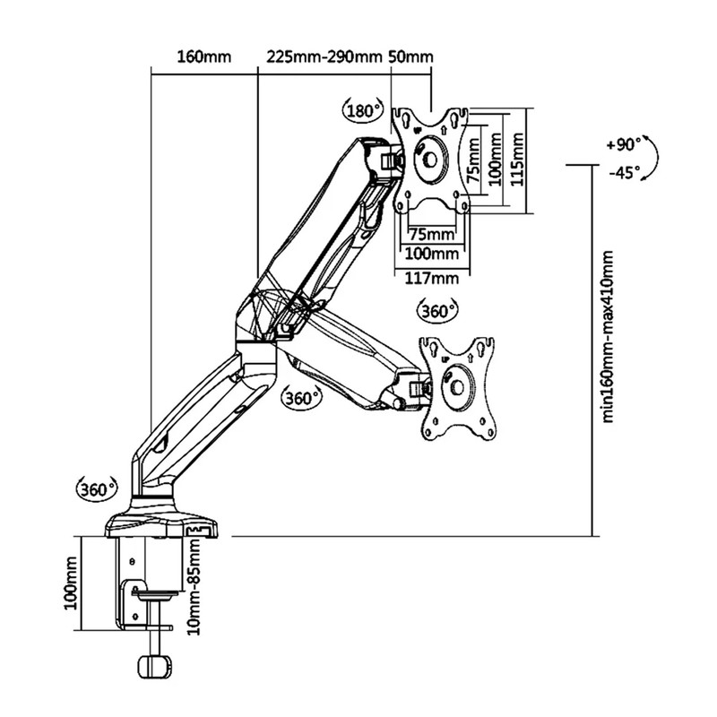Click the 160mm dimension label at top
coord(204,57)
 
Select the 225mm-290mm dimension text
coord(324,57)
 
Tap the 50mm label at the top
coord(410,57)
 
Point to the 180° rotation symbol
coord(363,110)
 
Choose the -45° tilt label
coord(624,173)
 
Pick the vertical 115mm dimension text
coord(517,160)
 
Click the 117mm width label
coord(432,278)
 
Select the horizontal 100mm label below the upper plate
coord(432,253)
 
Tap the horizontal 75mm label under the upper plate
coord(432,234)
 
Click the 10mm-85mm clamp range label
coord(194,587)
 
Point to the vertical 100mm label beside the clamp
coord(71,583)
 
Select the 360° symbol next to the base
coord(97,489)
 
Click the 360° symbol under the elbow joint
coord(301,398)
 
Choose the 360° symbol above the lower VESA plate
coord(437,310)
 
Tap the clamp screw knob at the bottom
coord(154,667)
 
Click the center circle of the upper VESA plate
coord(430,160)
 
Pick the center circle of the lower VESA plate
coord(457,387)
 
